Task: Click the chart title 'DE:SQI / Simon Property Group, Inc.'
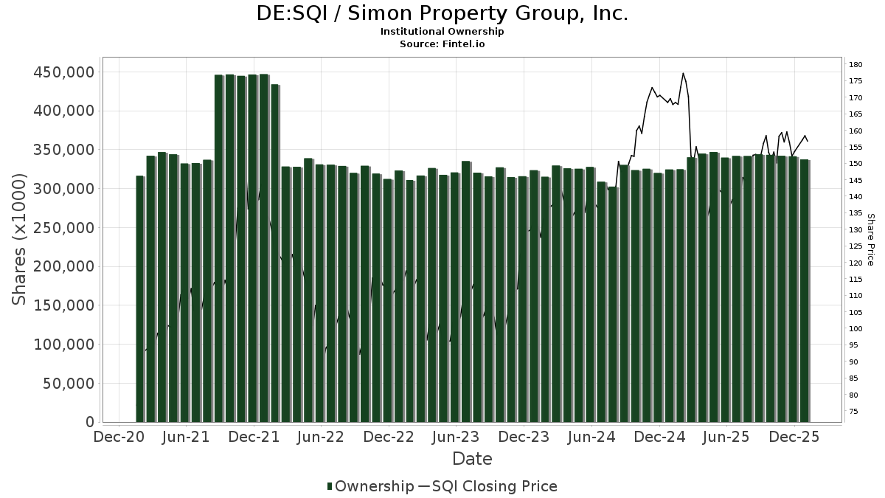coord(442,13)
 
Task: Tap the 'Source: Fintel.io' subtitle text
coord(442,44)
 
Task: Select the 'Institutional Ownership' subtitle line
coord(442,32)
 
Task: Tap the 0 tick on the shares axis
coord(90,422)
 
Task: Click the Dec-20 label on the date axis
coord(119,437)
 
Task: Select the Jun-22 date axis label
coord(321,437)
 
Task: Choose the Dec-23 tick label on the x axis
coord(524,437)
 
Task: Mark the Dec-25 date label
coord(794,437)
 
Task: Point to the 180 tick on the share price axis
coord(855,64)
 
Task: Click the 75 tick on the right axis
coord(853,411)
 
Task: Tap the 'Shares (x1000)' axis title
coord(20,239)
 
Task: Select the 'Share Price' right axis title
coord(870,239)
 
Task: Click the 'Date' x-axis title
coord(472,459)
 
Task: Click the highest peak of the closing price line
coord(683,73)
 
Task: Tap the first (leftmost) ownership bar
coord(140,299)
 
